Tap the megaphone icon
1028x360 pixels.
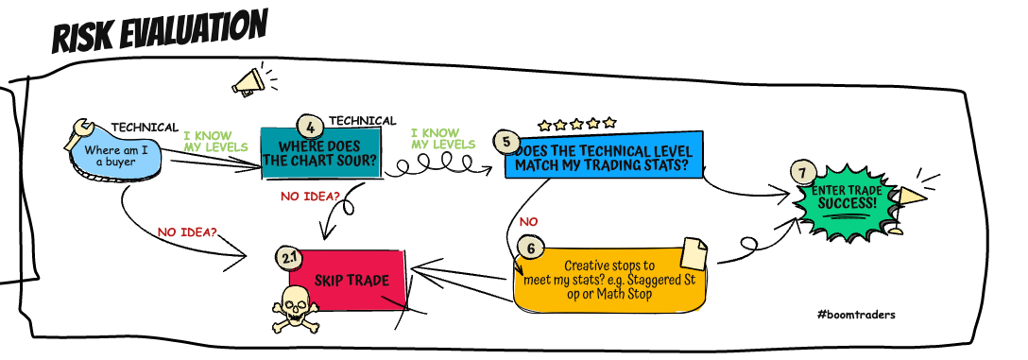248,83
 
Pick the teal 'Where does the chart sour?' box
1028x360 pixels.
320,153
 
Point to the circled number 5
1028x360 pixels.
506,143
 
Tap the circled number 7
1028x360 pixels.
802,175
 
